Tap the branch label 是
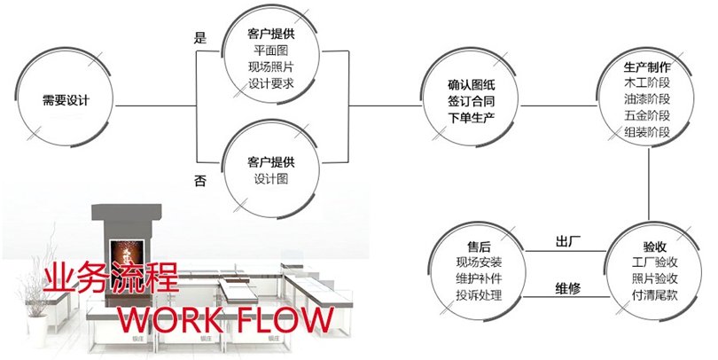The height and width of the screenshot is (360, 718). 199,38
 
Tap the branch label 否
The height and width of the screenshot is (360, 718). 200,180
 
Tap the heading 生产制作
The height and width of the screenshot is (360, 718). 647,67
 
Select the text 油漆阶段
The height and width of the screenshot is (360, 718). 647,100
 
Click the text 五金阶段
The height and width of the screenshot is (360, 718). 647,116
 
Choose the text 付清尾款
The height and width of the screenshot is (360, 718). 655,295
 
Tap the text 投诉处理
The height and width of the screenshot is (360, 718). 479,294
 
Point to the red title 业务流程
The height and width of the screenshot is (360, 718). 104,278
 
